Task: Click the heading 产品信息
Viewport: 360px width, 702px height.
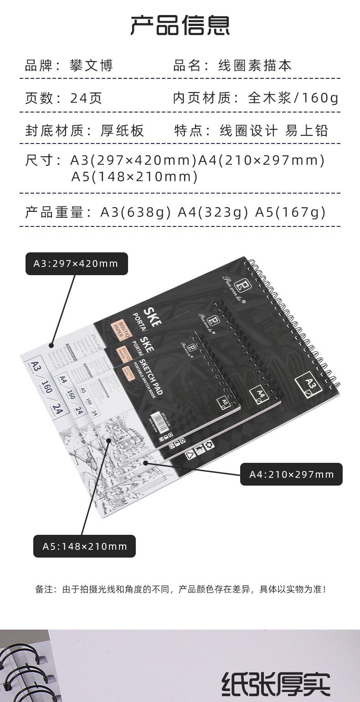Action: tap(180, 26)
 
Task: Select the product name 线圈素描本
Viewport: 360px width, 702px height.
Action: tap(255, 66)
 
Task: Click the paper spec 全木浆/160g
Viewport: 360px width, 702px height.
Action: tap(293, 98)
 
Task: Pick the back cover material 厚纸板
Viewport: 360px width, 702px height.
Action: tap(122, 131)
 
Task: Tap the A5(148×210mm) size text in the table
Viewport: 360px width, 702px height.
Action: tap(134, 176)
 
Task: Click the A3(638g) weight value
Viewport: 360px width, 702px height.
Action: tap(136, 212)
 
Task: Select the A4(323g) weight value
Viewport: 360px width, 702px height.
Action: tap(213, 212)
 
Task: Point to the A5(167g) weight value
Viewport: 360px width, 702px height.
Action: tap(291, 212)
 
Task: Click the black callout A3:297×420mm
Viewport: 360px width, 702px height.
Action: tap(76, 264)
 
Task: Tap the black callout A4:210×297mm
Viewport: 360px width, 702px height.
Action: tap(291, 474)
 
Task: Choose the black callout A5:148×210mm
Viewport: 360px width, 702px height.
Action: tap(85, 546)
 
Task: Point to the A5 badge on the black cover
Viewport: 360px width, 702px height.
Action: tap(224, 402)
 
